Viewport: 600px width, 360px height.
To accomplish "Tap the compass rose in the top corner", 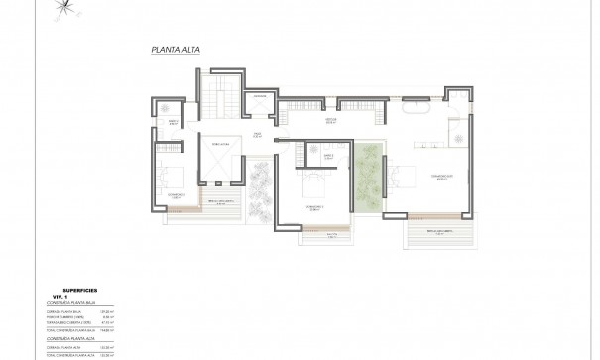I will [x=64, y=7].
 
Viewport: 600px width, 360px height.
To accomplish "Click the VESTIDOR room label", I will [x=333, y=119].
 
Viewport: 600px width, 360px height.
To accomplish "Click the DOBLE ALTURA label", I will [x=219, y=144].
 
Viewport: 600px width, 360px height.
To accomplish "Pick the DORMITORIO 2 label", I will [x=313, y=208].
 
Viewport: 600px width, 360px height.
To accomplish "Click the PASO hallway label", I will [x=257, y=136].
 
